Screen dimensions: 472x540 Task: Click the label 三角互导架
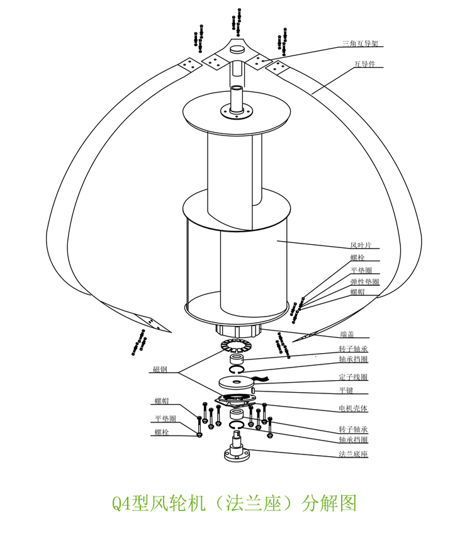pyautogui.click(x=360, y=43)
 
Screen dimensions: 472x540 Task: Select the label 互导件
pyautogui.click(x=365, y=64)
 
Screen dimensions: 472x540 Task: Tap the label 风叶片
pyautogui.click(x=361, y=245)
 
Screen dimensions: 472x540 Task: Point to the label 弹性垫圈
pyautogui.click(x=365, y=282)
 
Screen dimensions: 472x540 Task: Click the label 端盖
pyautogui.click(x=347, y=334)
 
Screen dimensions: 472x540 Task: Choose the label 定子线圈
pyautogui.click(x=353, y=377)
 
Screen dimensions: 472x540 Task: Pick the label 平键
pyautogui.click(x=346, y=390)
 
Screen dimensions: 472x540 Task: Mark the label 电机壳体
pyautogui.click(x=353, y=408)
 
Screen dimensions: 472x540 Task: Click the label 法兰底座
pyautogui.click(x=353, y=454)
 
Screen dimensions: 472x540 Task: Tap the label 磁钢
pyautogui.click(x=160, y=369)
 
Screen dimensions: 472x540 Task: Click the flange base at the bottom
pyautogui.click(x=237, y=447)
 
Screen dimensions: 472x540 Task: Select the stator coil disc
pyautogui.click(x=236, y=382)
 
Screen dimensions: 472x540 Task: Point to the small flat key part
pyautogui.click(x=254, y=391)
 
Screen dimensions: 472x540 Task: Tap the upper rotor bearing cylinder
pyautogui.click(x=237, y=359)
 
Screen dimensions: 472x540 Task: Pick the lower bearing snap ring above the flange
pyautogui.click(x=237, y=425)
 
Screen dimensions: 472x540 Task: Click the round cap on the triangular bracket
pyautogui.click(x=238, y=50)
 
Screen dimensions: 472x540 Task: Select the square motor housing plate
pyautogui.click(x=235, y=400)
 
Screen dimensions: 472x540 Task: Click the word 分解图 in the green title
pyautogui.click(x=329, y=503)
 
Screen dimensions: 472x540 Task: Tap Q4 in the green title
pyautogui.click(x=121, y=504)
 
